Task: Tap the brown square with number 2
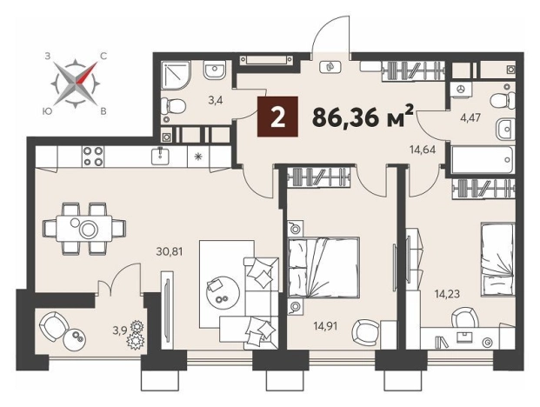tap(277, 117)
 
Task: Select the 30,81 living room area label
tap(169, 251)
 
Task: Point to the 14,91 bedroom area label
tap(325, 325)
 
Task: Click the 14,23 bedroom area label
tap(447, 295)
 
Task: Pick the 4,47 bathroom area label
tap(470, 117)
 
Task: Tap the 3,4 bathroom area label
tap(216, 101)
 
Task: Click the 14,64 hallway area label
tap(423, 150)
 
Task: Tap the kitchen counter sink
tap(159, 156)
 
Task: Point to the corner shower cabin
tap(176, 76)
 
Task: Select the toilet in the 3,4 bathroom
tap(173, 103)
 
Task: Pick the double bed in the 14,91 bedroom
tap(323, 267)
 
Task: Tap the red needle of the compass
tap(86, 73)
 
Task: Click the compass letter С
tap(103, 57)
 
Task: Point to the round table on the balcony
tap(75, 341)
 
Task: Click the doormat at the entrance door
tap(330, 66)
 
